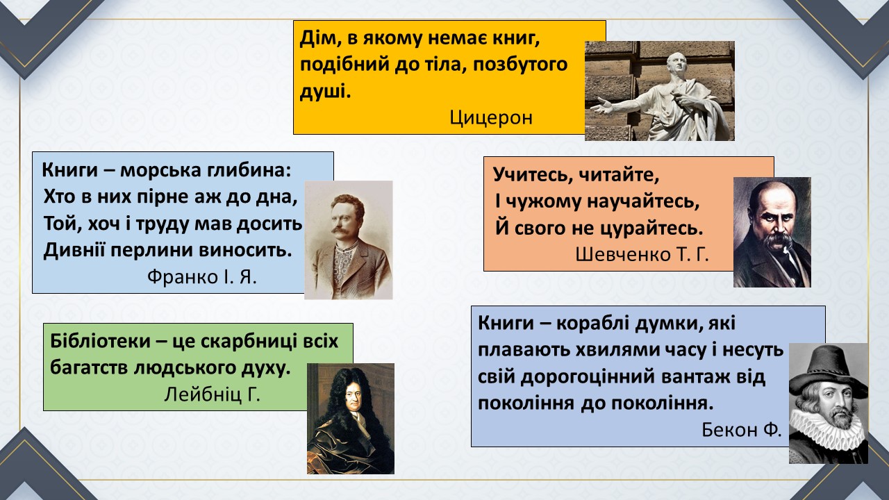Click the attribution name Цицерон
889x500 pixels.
(x=491, y=117)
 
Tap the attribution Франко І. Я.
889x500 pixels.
(x=202, y=276)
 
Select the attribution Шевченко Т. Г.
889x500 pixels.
(x=642, y=254)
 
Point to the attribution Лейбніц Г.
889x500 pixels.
(x=212, y=394)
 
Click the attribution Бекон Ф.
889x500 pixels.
(x=741, y=429)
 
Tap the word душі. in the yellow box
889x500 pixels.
(x=325, y=92)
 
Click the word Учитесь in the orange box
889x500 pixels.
(x=531, y=174)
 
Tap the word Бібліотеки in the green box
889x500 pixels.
(x=101, y=341)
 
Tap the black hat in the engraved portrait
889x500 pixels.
(x=828, y=371)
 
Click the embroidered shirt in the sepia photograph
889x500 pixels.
(x=344, y=262)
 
